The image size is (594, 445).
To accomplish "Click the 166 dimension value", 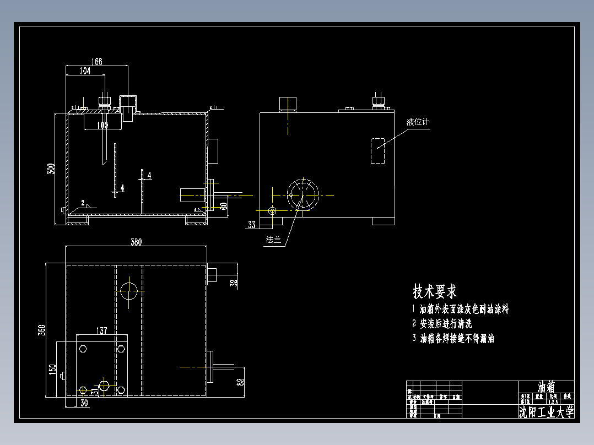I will [x=96, y=62].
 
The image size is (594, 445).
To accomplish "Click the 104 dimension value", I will [x=85, y=70].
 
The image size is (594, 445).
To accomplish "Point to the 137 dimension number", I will [x=101, y=330].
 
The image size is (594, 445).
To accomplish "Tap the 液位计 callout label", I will [x=417, y=122].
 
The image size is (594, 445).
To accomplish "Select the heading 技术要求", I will [x=435, y=291].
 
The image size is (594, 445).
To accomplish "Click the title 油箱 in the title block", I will [x=546, y=387].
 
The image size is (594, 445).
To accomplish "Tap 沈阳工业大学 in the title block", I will [x=546, y=411].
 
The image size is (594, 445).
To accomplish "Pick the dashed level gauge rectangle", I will [x=379, y=150].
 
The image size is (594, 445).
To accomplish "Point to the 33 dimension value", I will [x=252, y=225].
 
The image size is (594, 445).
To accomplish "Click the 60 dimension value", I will [x=223, y=206].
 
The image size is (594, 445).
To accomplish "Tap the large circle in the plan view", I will [x=129, y=290].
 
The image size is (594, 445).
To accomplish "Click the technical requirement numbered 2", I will [x=442, y=324].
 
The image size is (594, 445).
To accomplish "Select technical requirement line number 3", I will [x=453, y=338].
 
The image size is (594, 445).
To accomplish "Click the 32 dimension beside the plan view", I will [x=234, y=283].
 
